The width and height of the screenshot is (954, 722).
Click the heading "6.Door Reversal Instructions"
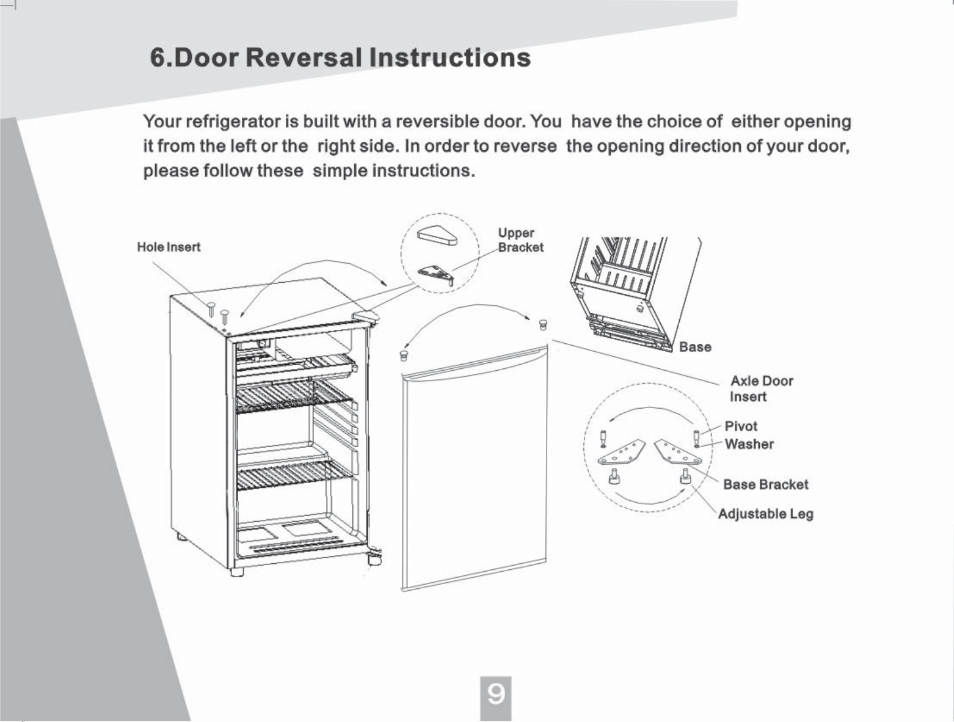340,58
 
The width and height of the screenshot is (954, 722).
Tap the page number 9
495,695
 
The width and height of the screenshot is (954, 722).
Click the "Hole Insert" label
169,247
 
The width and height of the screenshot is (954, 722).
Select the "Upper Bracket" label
520,240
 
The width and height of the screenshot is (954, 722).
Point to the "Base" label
695,347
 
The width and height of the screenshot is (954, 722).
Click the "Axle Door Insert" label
761,388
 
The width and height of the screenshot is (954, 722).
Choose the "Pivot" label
741,426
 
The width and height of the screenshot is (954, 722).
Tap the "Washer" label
749,444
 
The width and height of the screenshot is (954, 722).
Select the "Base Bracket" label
765,484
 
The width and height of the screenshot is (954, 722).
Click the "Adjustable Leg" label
765,513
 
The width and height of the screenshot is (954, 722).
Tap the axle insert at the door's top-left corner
403,355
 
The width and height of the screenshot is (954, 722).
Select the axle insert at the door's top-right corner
543,324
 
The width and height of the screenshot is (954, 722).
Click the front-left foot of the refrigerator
238,572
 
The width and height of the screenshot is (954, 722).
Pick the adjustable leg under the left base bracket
613,476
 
